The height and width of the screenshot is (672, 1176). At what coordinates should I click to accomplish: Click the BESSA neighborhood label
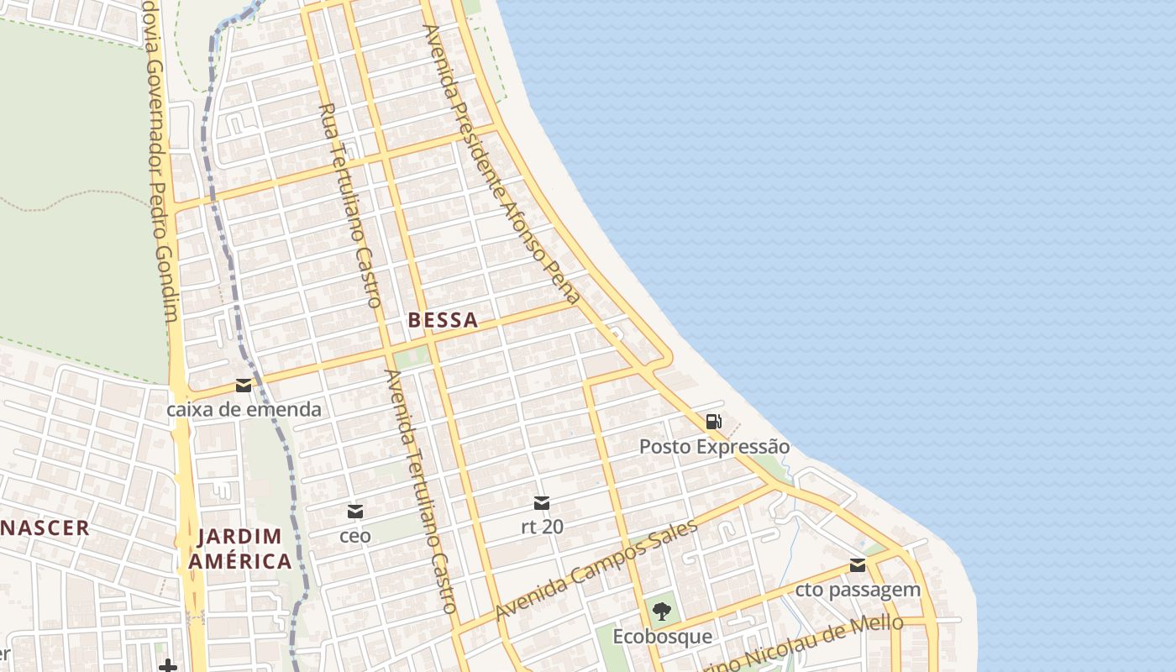[443, 320]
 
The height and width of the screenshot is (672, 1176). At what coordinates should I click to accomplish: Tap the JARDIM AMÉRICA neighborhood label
[240, 549]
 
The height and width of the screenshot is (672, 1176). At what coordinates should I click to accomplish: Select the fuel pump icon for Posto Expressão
[713, 422]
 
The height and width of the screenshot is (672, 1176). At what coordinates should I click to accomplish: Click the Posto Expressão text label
[714, 447]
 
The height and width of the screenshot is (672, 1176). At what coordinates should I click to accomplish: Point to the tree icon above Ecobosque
[662, 612]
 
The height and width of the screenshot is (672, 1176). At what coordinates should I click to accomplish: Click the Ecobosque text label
[662, 637]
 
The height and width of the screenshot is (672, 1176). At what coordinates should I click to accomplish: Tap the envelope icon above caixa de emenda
[244, 386]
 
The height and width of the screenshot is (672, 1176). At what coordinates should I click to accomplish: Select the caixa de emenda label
[244, 410]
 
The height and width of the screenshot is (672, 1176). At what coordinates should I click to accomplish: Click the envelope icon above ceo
[355, 511]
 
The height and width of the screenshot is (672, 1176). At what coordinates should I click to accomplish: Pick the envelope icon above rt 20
[542, 503]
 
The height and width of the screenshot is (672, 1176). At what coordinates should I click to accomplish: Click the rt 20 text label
[542, 528]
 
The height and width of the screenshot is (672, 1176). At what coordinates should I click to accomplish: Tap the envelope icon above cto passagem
[858, 565]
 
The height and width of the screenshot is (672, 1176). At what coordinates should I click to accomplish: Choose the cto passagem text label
[858, 590]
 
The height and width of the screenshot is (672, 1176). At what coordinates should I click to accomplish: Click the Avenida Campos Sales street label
[597, 570]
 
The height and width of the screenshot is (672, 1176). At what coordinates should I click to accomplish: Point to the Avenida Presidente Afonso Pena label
[501, 164]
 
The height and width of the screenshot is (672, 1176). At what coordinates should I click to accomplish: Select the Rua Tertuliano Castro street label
[351, 205]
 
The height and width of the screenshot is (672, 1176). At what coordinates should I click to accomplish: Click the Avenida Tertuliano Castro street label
[421, 491]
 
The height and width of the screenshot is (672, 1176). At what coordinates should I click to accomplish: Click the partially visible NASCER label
[45, 528]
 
